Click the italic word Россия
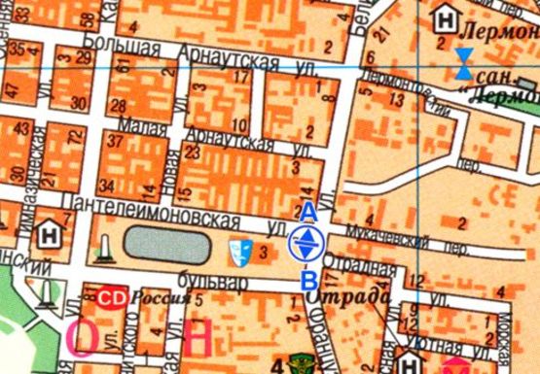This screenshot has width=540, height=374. coord(161,298)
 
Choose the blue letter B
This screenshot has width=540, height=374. coord(307,281)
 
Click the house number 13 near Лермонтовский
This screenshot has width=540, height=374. coord(395,99)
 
